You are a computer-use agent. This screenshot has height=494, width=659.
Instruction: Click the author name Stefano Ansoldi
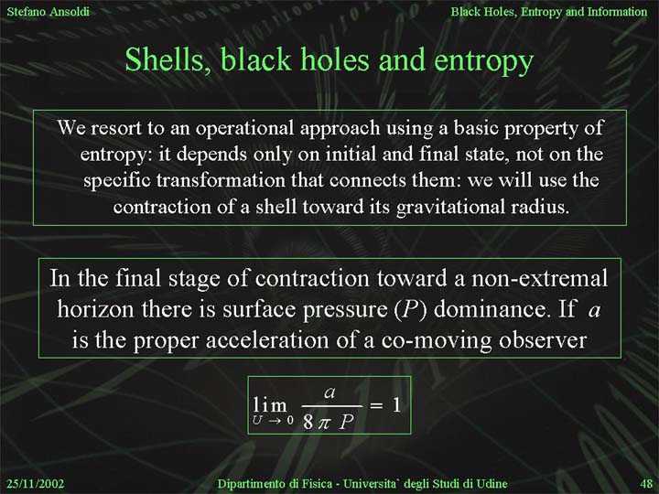[48, 11]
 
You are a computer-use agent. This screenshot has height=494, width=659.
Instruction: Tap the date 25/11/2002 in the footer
[36, 484]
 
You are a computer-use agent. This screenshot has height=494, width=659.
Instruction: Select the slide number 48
[646, 484]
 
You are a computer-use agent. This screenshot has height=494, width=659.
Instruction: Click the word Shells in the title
[168, 59]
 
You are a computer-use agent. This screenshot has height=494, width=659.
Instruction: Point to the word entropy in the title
[483, 62]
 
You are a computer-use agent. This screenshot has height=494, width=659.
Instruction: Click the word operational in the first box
[245, 129]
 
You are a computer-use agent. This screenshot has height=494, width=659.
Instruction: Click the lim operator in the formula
[270, 405]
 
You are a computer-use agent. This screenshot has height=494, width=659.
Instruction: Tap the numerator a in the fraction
[329, 392]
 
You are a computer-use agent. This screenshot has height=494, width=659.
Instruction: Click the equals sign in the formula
[376, 406]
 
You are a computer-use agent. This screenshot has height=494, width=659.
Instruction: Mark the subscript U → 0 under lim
[273, 420]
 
